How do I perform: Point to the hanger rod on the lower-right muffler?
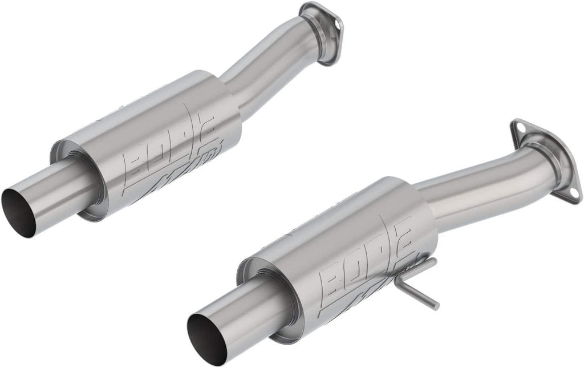[419, 291]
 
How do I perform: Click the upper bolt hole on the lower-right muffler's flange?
[519, 129]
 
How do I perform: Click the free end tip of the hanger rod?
[436, 306]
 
